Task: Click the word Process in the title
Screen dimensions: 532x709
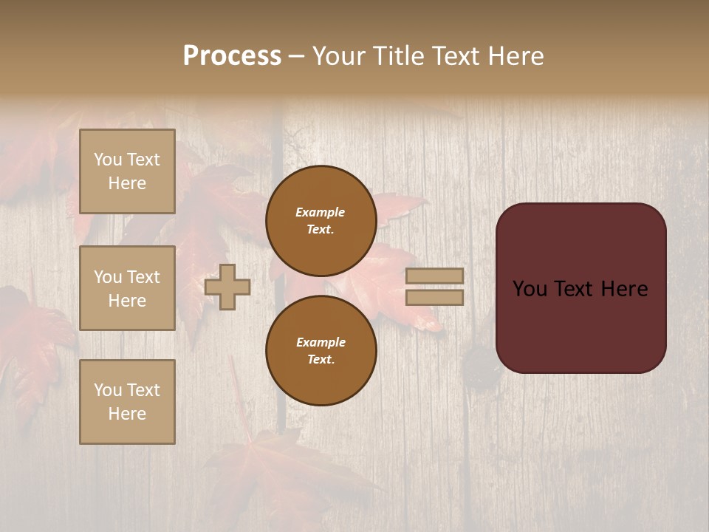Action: [232, 56]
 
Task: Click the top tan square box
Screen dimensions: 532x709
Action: [127, 171]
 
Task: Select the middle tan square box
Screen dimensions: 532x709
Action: [127, 288]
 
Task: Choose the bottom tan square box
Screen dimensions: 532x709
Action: [127, 402]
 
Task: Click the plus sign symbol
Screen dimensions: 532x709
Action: [227, 287]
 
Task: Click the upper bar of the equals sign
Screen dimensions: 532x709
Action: [435, 276]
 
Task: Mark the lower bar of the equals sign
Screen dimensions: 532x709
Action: [435, 297]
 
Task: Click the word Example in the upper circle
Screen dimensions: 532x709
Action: [321, 212]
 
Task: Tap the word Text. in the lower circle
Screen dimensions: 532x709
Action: [321, 359]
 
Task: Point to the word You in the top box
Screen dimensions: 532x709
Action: [107, 160]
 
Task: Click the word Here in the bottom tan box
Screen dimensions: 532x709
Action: [127, 414]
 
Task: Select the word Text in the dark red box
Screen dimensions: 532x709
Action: [580, 289]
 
